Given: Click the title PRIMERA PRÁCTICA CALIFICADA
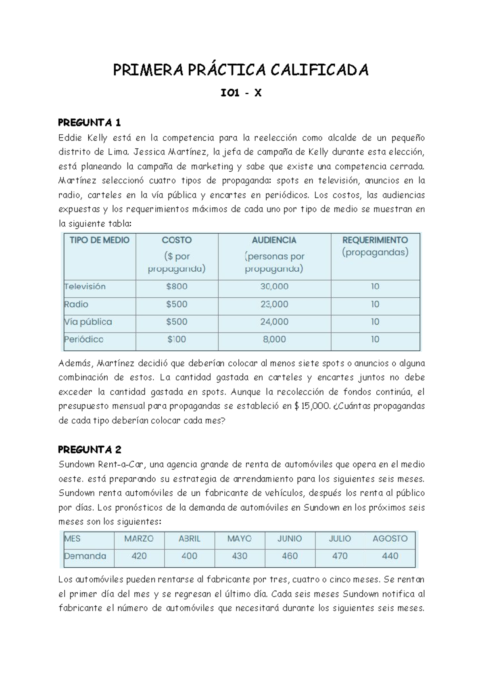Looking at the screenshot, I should (x=241, y=71).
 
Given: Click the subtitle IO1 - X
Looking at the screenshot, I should (x=241, y=94).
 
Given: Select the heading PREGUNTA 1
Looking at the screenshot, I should (x=90, y=122).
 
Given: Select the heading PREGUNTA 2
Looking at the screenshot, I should (x=90, y=449).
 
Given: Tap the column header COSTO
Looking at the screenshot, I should (x=177, y=240).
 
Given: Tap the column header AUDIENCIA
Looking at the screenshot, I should (x=274, y=240).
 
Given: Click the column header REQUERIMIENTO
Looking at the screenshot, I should (x=375, y=240).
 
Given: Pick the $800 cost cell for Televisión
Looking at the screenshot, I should (x=177, y=287).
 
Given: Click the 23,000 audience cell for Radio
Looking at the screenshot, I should (x=274, y=304).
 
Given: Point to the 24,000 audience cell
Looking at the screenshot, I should (x=274, y=322).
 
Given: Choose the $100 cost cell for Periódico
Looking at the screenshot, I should (x=177, y=339).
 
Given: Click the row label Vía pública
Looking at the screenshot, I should (x=88, y=322).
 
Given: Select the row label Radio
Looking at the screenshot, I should (x=76, y=304).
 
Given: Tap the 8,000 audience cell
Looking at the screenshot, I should (x=274, y=339).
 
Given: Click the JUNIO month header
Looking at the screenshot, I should (x=290, y=539).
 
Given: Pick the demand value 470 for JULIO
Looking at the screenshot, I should (x=340, y=556).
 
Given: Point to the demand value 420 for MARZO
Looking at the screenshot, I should (x=139, y=556).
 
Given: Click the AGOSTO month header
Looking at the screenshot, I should (x=390, y=539).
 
